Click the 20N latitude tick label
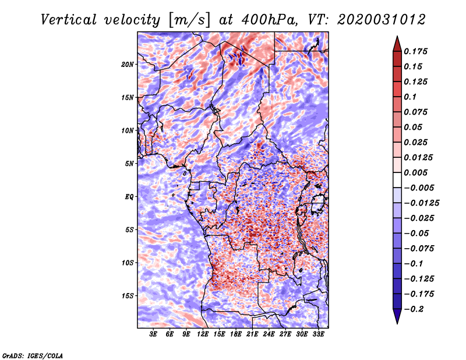click(128, 65)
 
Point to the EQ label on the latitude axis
click(129, 197)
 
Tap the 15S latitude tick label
click(128, 296)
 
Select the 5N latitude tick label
click(129, 164)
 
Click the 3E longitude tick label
click(153, 334)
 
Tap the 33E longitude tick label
click(318, 334)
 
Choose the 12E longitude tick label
click(202, 334)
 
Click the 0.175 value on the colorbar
click(415, 51)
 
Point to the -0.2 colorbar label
click(414, 309)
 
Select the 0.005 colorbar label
click(415, 172)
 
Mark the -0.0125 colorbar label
click(421, 203)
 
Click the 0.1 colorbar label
click(410, 97)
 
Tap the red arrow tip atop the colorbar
click(397, 36)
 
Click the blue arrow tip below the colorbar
click(397, 323)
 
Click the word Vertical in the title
click(69, 20)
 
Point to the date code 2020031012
click(382, 20)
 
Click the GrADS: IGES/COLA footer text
click(33, 355)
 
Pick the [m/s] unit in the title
click(190, 20)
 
